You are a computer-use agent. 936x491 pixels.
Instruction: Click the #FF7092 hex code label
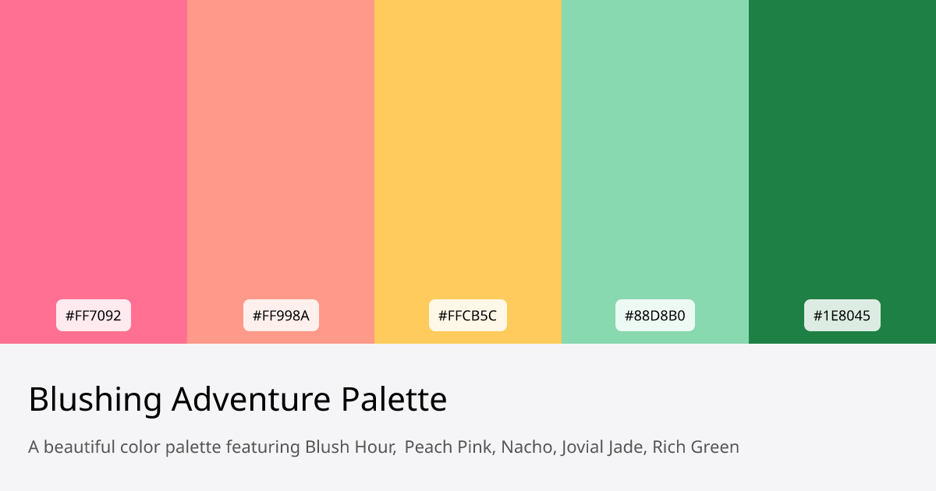click(x=94, y=316)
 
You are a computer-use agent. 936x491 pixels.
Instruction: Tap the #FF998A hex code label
click(x=281, y=316)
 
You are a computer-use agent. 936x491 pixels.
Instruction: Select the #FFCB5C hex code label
click(x=468, y=316)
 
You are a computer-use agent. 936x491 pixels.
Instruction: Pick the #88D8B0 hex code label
click(x=655, y=316)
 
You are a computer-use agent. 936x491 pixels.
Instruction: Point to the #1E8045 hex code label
click(x=842, y=316)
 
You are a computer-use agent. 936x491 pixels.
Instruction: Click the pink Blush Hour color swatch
click(x=94, y=156)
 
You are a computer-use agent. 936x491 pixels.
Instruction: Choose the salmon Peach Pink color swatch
click(x=281, y=156)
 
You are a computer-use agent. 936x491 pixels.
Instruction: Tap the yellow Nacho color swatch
click(x=468, y=156)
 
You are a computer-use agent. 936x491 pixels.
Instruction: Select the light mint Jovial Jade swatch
click(x=655, y=156)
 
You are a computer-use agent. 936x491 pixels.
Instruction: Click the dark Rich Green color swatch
click(x=842, y=156)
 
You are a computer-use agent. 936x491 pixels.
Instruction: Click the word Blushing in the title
click(x=95, y=400)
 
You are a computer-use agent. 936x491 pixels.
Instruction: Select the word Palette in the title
click(x=394, y=400)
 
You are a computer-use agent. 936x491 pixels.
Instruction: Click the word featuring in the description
click(x=262, y=447)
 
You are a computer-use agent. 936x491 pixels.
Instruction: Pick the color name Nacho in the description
click(x=526, y=447)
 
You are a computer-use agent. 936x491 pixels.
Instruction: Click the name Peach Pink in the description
click(x=448, y=447)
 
